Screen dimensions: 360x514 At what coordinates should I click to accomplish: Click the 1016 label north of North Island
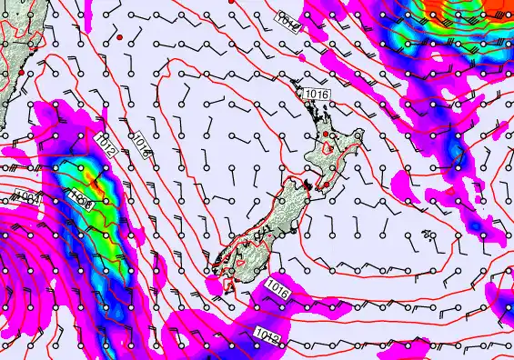click(317, 94)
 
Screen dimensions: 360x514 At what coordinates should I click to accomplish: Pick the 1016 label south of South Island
click(278, 291)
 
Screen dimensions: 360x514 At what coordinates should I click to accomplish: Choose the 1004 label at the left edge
click(25, 195)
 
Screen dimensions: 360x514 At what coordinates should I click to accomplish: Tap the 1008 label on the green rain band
click(80, 197)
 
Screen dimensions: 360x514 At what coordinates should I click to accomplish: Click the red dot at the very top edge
click(231, 2)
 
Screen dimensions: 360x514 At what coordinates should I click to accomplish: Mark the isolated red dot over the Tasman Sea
click(119, 37)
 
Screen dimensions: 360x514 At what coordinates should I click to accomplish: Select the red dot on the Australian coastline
click(21, 71)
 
